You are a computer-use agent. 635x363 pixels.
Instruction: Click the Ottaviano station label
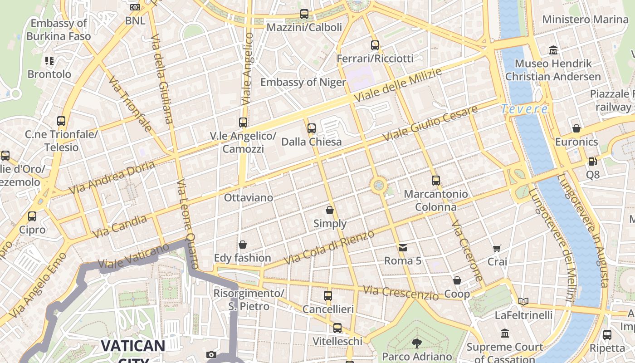tap(249, 198)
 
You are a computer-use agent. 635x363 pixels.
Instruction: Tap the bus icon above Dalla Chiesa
tap(311, 128)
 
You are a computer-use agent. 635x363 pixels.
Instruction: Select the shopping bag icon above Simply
tap(330, 210)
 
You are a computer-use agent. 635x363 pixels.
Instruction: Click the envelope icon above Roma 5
tap(402, 247)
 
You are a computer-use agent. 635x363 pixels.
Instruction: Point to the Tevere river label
tap(525, 109)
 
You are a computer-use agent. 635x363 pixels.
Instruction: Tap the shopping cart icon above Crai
tap(497, 248)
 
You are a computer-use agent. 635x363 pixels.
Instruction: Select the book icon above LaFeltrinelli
tap(523, 301)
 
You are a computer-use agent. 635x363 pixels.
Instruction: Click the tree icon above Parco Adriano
tap(416, 343)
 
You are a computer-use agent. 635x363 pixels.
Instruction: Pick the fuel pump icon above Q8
tap(592, 161)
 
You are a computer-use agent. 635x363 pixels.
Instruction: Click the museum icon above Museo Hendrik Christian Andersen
tap(553, 50)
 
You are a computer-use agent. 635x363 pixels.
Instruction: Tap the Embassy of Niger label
tap(303, 82)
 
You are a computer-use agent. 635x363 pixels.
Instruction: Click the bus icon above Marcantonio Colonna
tap(436, 181)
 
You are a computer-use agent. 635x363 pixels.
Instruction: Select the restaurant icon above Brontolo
tap(49, 61)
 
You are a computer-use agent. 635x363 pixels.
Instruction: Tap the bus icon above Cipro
tap(32, 216)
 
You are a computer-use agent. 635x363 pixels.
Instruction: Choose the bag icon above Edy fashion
tap(243, 245)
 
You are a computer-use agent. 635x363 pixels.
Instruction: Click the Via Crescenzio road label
tap(401, 293)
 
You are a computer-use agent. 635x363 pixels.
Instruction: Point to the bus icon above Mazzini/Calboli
tap(304, 14)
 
